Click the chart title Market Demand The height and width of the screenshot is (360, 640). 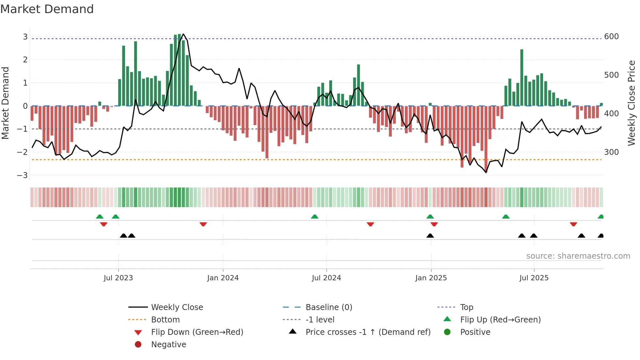(x=47, y=9)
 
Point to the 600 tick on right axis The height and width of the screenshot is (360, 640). (x=611, y=37)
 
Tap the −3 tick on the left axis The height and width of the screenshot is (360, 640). (x=23, y=175)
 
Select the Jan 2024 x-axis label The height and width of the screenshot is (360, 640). (x=223, y=278)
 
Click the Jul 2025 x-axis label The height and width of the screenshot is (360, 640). (x=534, y=278)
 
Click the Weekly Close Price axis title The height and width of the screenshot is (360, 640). (x=632, y=103)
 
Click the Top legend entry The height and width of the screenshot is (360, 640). (x=467, y=307)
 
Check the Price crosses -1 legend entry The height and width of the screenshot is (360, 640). (x=368, y=332)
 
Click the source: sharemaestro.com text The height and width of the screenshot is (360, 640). (x=578, y=256)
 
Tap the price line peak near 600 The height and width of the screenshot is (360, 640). (x=183, y=34)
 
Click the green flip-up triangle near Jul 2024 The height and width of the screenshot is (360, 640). (x=314, y=217)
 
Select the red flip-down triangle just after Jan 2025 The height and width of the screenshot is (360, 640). (x=434, y=224)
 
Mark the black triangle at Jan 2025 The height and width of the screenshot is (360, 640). (x=430, y=236)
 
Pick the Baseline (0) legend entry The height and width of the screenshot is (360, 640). (x=328, y=307)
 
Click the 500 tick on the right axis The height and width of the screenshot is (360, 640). (x=611, y=75)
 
